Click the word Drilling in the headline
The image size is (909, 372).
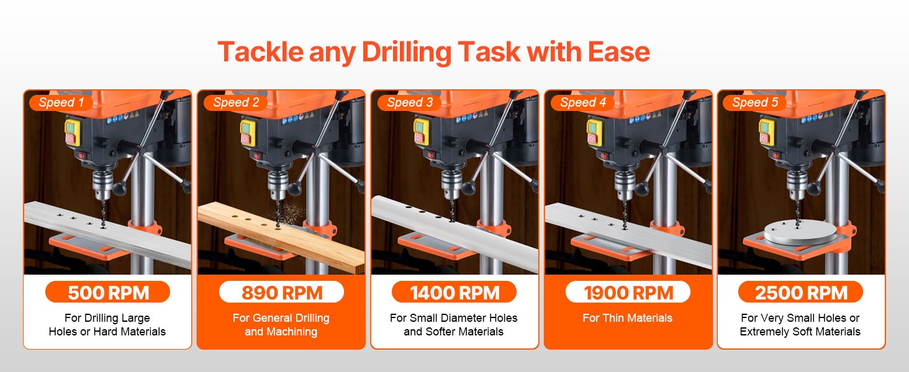(406, 53)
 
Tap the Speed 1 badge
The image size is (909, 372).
(61, 102)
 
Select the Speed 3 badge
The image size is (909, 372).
(410, 102)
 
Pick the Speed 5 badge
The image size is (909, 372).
(755, 102)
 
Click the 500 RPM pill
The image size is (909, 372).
(107, 292)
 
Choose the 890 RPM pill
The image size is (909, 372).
(281, 292)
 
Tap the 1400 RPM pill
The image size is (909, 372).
(454, 292)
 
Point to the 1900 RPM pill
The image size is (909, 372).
(628, 292)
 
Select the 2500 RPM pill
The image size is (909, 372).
(800, 292)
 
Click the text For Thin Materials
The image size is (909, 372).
(627, 318)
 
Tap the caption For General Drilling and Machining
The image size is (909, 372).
(281, 325)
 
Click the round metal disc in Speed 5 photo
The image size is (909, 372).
(800, 232)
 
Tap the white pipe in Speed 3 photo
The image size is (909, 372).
(455, 232)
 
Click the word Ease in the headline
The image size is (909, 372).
(619, 53)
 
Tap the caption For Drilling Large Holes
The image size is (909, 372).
(107, 325)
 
